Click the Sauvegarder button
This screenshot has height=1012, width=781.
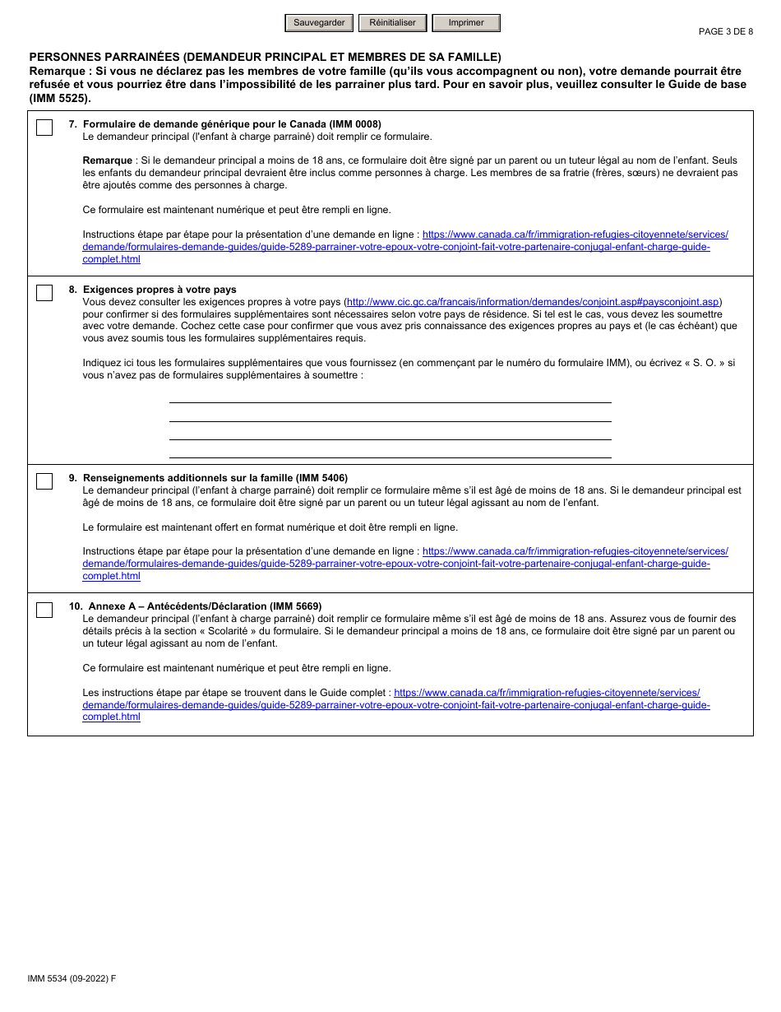pos(319,23)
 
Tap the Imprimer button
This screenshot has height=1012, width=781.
pos(466,23)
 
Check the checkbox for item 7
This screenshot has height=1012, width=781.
pos(44,128)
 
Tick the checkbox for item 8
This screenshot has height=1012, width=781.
pos(44,293)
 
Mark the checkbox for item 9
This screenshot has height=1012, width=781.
pos(44,481)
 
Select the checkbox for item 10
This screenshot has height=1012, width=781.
pos(44,610)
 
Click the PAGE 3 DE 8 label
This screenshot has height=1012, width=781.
pos(725,32)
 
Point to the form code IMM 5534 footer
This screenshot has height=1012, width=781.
pos(72,978)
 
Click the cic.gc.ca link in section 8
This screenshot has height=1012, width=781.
pos(533,302)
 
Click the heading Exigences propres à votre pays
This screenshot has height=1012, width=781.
pos(159,290)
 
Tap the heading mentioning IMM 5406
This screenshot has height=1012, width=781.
pos(215,478)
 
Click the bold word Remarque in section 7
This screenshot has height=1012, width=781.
pos(108,160)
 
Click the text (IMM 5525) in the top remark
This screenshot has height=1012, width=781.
pos(60,98)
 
